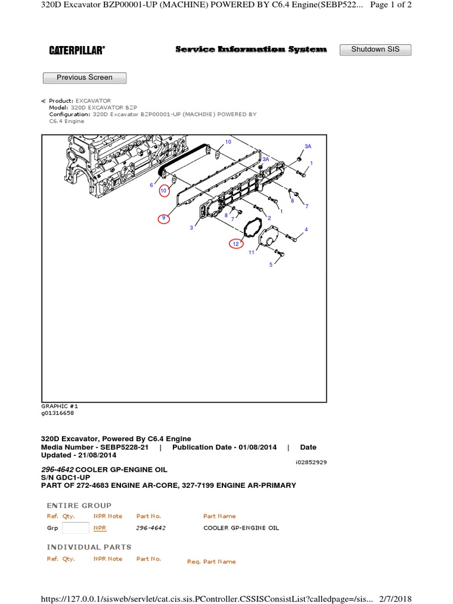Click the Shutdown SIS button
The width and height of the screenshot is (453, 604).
tap(375, 50)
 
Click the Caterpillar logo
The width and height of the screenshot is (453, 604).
tap(77, 51)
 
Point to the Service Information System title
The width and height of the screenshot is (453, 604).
tap(251, 50)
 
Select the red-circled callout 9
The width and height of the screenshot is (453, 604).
tap(164, 218)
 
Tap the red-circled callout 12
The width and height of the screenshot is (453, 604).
tap(236, 243)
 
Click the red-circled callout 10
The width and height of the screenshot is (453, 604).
tap(164, 191)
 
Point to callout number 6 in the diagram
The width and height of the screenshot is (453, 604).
tap(152, 185)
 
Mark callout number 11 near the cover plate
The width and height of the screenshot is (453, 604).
tap(251, 252)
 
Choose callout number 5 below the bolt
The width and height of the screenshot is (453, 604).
tap(271, 265)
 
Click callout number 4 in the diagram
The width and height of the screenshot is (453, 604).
tap(306, 229)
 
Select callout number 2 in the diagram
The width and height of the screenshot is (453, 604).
tap(270, 218)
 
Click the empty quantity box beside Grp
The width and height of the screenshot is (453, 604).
tap(75, 528)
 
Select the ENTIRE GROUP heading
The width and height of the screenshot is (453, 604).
tap(79, 505)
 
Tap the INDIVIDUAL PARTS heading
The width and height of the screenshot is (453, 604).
tap(89, 547)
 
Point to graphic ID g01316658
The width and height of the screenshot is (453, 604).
tap(58, 413)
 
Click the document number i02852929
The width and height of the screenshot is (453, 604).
tap(311, 462)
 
